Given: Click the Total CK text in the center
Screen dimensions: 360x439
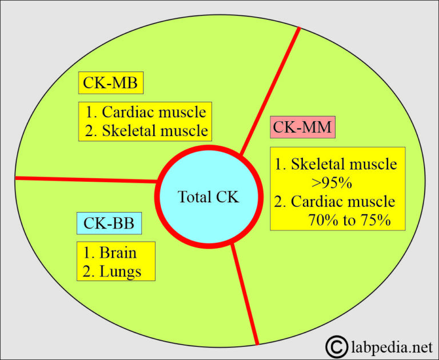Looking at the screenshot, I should [208, 197].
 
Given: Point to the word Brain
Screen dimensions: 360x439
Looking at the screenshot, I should [118, 252].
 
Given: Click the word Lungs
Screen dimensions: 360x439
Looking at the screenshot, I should [120, 270].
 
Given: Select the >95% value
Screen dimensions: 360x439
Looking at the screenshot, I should [334, 183].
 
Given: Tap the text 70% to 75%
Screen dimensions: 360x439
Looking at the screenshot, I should [349, 220].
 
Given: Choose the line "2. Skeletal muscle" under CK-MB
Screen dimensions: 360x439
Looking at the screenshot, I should [146, 130].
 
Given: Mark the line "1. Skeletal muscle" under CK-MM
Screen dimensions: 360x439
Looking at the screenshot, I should [336, 165].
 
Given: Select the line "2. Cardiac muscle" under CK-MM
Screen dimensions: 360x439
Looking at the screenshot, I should [335, 202].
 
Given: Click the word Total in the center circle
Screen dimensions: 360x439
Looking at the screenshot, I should [194, 197].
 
